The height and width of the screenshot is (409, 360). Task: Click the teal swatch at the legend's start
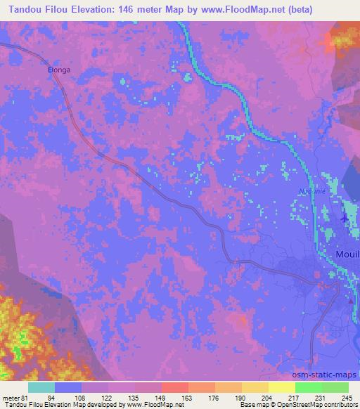(x=41, y=387)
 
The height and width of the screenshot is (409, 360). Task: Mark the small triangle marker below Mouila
(x=350, y=300)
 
